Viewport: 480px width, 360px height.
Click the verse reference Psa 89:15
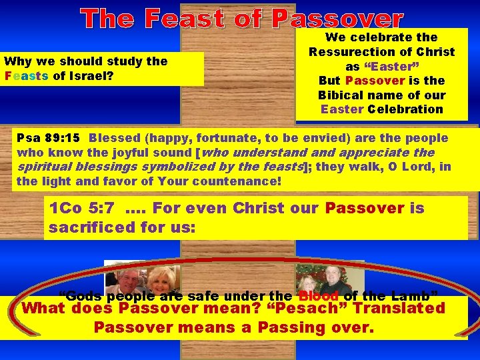(x=48, y=138)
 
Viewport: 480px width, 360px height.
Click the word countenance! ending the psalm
(x=234, y=181)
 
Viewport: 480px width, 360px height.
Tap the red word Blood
(x=319, y=295)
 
